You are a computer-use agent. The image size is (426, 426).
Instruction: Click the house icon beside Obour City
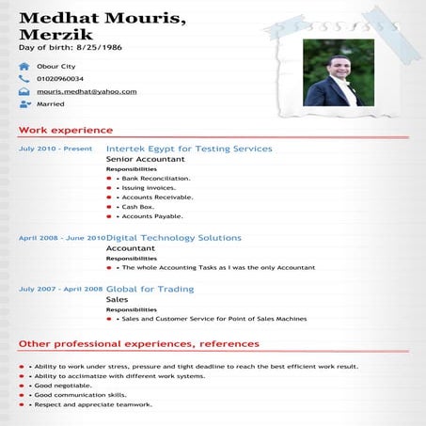click(x=24, y=66)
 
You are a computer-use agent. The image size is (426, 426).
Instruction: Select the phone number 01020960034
click(x=60, y=79)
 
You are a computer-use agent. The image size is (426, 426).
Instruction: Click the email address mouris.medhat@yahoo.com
click(x=87, y=92)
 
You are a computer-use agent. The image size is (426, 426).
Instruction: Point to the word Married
click(x=50, y=105)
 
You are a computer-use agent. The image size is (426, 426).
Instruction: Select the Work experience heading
click(x=66, y=130)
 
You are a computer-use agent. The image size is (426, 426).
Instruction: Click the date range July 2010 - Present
click(x=55, y=149)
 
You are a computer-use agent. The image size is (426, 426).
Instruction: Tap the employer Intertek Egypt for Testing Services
click(x=189, y=149)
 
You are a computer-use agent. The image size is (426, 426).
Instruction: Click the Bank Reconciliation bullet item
click(x=155, y=178)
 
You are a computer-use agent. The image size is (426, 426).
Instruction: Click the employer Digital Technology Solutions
click(x=174, y=238)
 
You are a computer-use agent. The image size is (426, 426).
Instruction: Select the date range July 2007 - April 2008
click(x=61, y=289)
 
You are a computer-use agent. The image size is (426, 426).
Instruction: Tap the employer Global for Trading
click(x=150, y=289)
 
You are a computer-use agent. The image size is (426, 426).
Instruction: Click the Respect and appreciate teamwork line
click(x=92, y=404)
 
